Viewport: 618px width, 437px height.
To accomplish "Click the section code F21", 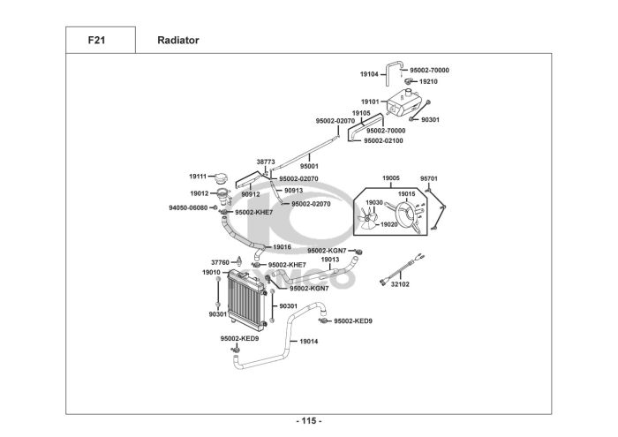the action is click(96, 41).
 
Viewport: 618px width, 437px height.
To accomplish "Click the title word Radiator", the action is click(178, 41).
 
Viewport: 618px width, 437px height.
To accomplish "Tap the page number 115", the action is click(309, 421).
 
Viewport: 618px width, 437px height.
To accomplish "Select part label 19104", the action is click(369, 74).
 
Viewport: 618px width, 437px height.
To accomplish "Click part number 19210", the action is click(428, 81).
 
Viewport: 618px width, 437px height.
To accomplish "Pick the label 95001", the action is click(309, 166).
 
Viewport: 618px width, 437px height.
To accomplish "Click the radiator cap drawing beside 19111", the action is click(222, 178).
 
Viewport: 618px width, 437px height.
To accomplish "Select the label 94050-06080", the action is click(188, 207).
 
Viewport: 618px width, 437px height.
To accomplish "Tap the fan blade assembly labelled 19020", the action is click(367, 218).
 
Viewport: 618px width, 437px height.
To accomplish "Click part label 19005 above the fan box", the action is click(391, 178).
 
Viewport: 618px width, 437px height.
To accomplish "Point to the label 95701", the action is click(429, 178).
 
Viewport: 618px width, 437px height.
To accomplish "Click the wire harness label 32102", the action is click(400, 284).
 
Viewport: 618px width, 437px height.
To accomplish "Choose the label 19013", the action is click(330, 260).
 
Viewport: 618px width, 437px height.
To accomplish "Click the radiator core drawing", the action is click(246, 300).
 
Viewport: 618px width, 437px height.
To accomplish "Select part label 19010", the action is click(211, 272).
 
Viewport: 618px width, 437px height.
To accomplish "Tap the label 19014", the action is click(309, 342).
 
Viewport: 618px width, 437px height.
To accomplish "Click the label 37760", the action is click(220, 262).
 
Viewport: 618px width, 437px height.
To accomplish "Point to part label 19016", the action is click(283, 247).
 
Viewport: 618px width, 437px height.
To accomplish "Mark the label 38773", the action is click(266, 162).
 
